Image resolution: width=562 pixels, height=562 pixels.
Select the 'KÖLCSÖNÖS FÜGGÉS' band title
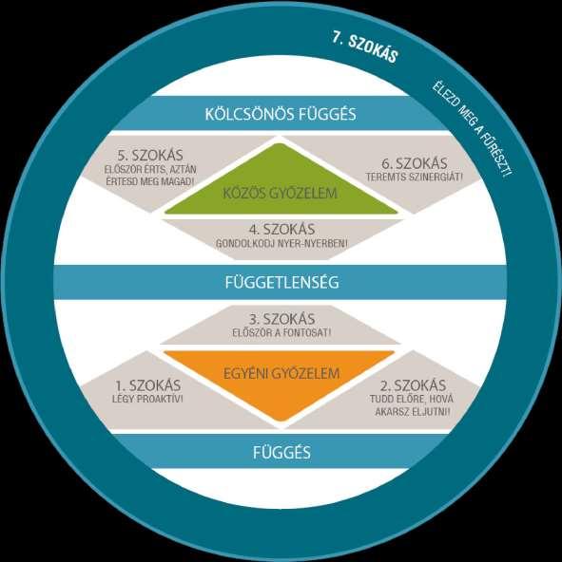point(281,114)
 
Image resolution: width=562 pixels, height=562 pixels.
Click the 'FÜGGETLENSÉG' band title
point(281,282)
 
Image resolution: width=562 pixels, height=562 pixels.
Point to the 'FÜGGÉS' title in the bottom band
point(281,452)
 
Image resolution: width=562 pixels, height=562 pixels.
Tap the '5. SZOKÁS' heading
point(150,155)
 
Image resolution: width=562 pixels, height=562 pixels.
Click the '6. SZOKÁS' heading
point(415,163)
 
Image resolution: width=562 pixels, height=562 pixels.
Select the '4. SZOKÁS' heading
point(281,230)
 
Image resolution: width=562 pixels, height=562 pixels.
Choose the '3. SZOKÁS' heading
point(281,319)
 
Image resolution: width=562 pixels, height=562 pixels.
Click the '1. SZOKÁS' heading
point(148,385)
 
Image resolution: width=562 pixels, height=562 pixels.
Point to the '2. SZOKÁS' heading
point(413,385)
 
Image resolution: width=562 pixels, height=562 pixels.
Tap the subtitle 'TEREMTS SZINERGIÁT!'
point(415,177)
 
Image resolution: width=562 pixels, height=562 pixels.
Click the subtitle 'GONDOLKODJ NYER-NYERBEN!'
point(281,244)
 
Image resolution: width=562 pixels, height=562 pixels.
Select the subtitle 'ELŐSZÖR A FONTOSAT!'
point(281,332)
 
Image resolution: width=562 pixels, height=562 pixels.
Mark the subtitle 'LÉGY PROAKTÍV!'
point(147,399)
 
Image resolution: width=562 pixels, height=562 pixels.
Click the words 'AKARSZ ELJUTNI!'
point(413,412)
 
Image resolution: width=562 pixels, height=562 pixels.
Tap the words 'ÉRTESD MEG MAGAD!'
point(150,181)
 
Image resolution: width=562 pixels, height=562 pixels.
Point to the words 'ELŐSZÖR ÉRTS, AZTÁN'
point(150,169)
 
